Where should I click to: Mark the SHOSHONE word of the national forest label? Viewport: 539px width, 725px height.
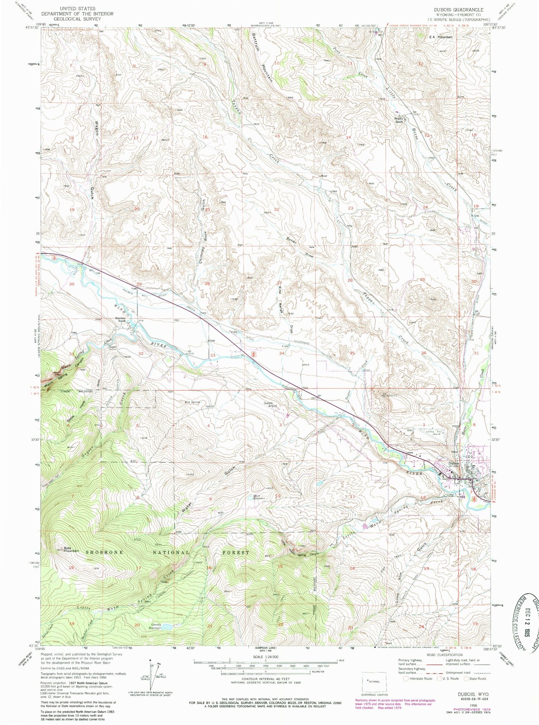109,552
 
